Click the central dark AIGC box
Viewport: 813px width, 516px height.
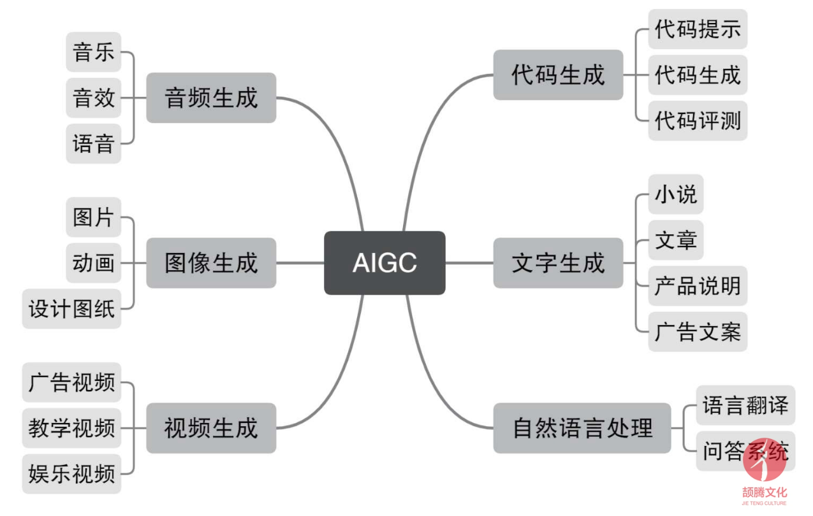click(x=385, y=263)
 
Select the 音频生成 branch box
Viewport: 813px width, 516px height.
click(x=211, y=97)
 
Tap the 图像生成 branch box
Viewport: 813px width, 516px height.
click(x=211, y=263)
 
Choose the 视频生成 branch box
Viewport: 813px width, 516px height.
click(x=211, y=428)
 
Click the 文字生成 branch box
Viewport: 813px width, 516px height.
click(x=558, y=263)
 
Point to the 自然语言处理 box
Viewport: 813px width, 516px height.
click(x=582, y=428)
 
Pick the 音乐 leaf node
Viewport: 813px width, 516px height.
click(x=94, y=52)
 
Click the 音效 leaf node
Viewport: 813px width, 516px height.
click(x=94, y=97)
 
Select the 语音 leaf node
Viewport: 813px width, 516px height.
click(x=94, y=143)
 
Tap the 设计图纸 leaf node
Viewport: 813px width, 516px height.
click(x=71, y=308)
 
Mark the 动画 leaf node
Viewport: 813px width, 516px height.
click(x=94, y=263)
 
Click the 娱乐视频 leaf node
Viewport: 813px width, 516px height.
click(x=71, y=473)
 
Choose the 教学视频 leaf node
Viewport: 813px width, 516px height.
click(x=71, y=428)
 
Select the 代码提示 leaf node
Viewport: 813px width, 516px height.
click(x=698, y=29)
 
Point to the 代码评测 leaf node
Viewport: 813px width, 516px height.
click(x=698, y=121)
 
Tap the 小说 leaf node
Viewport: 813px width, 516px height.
click(x=676, y=194)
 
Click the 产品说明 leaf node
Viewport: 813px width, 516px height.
click(x=698, y=286)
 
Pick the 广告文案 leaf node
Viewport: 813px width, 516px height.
click(x=698, y=331)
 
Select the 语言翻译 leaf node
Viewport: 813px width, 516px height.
click(x=745, y=405)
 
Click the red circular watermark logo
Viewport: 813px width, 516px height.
click(x=765, y=460)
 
